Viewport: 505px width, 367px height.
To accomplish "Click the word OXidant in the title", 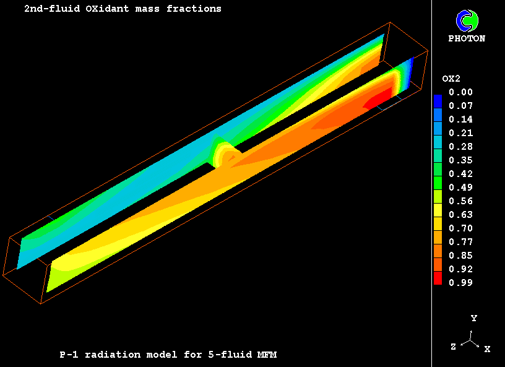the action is (107, 9).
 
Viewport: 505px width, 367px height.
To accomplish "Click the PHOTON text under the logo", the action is (467, 38).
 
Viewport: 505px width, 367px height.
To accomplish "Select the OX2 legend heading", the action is (451, 79).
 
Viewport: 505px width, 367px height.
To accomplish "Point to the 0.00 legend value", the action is (460, 92).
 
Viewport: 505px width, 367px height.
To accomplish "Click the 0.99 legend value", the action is (460, 283).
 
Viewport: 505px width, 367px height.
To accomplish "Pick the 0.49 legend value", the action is (460, 187).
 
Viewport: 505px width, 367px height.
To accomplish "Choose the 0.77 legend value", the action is (460, 241).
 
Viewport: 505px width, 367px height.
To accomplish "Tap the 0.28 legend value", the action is (460, 147).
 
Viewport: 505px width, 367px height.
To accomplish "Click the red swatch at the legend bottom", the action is (438, 278).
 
